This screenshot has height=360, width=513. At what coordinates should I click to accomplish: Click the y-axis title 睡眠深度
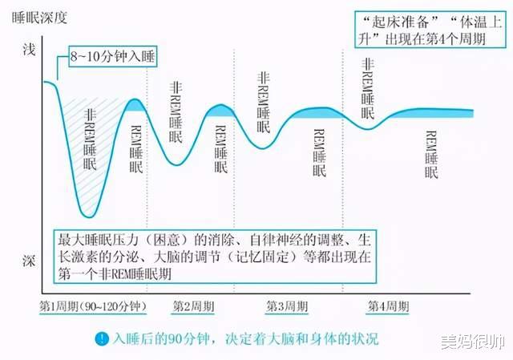point(39,18)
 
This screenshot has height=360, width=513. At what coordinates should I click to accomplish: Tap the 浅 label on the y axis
point(29,50)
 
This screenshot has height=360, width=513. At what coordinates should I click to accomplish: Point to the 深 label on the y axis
point(29,261)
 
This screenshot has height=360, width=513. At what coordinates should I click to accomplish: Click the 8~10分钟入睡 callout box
point(113,57)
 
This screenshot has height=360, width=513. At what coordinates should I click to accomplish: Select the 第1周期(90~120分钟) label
point(93,306)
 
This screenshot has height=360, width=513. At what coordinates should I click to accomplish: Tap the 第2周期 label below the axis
point(193,306)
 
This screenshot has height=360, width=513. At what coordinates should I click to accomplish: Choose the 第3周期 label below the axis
point(287,306)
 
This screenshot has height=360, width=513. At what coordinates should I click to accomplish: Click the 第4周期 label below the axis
point(388,306)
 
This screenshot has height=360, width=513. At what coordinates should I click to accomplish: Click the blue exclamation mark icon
point(102,338)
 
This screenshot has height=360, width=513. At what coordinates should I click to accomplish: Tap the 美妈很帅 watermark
point(472,342)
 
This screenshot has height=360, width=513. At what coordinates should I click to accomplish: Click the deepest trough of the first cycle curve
point(88,216)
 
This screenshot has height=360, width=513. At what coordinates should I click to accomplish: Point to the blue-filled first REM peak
point(135,105)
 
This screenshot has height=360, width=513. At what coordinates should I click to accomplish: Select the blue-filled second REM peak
point(221,111)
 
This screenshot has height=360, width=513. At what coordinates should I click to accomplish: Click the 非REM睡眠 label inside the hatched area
point(90,140)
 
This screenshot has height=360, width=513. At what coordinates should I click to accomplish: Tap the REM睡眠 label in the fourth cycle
point(431,154)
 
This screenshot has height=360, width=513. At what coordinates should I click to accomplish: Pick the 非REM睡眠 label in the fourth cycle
point(368,88)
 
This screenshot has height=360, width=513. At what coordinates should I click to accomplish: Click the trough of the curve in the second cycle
point(176,164)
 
